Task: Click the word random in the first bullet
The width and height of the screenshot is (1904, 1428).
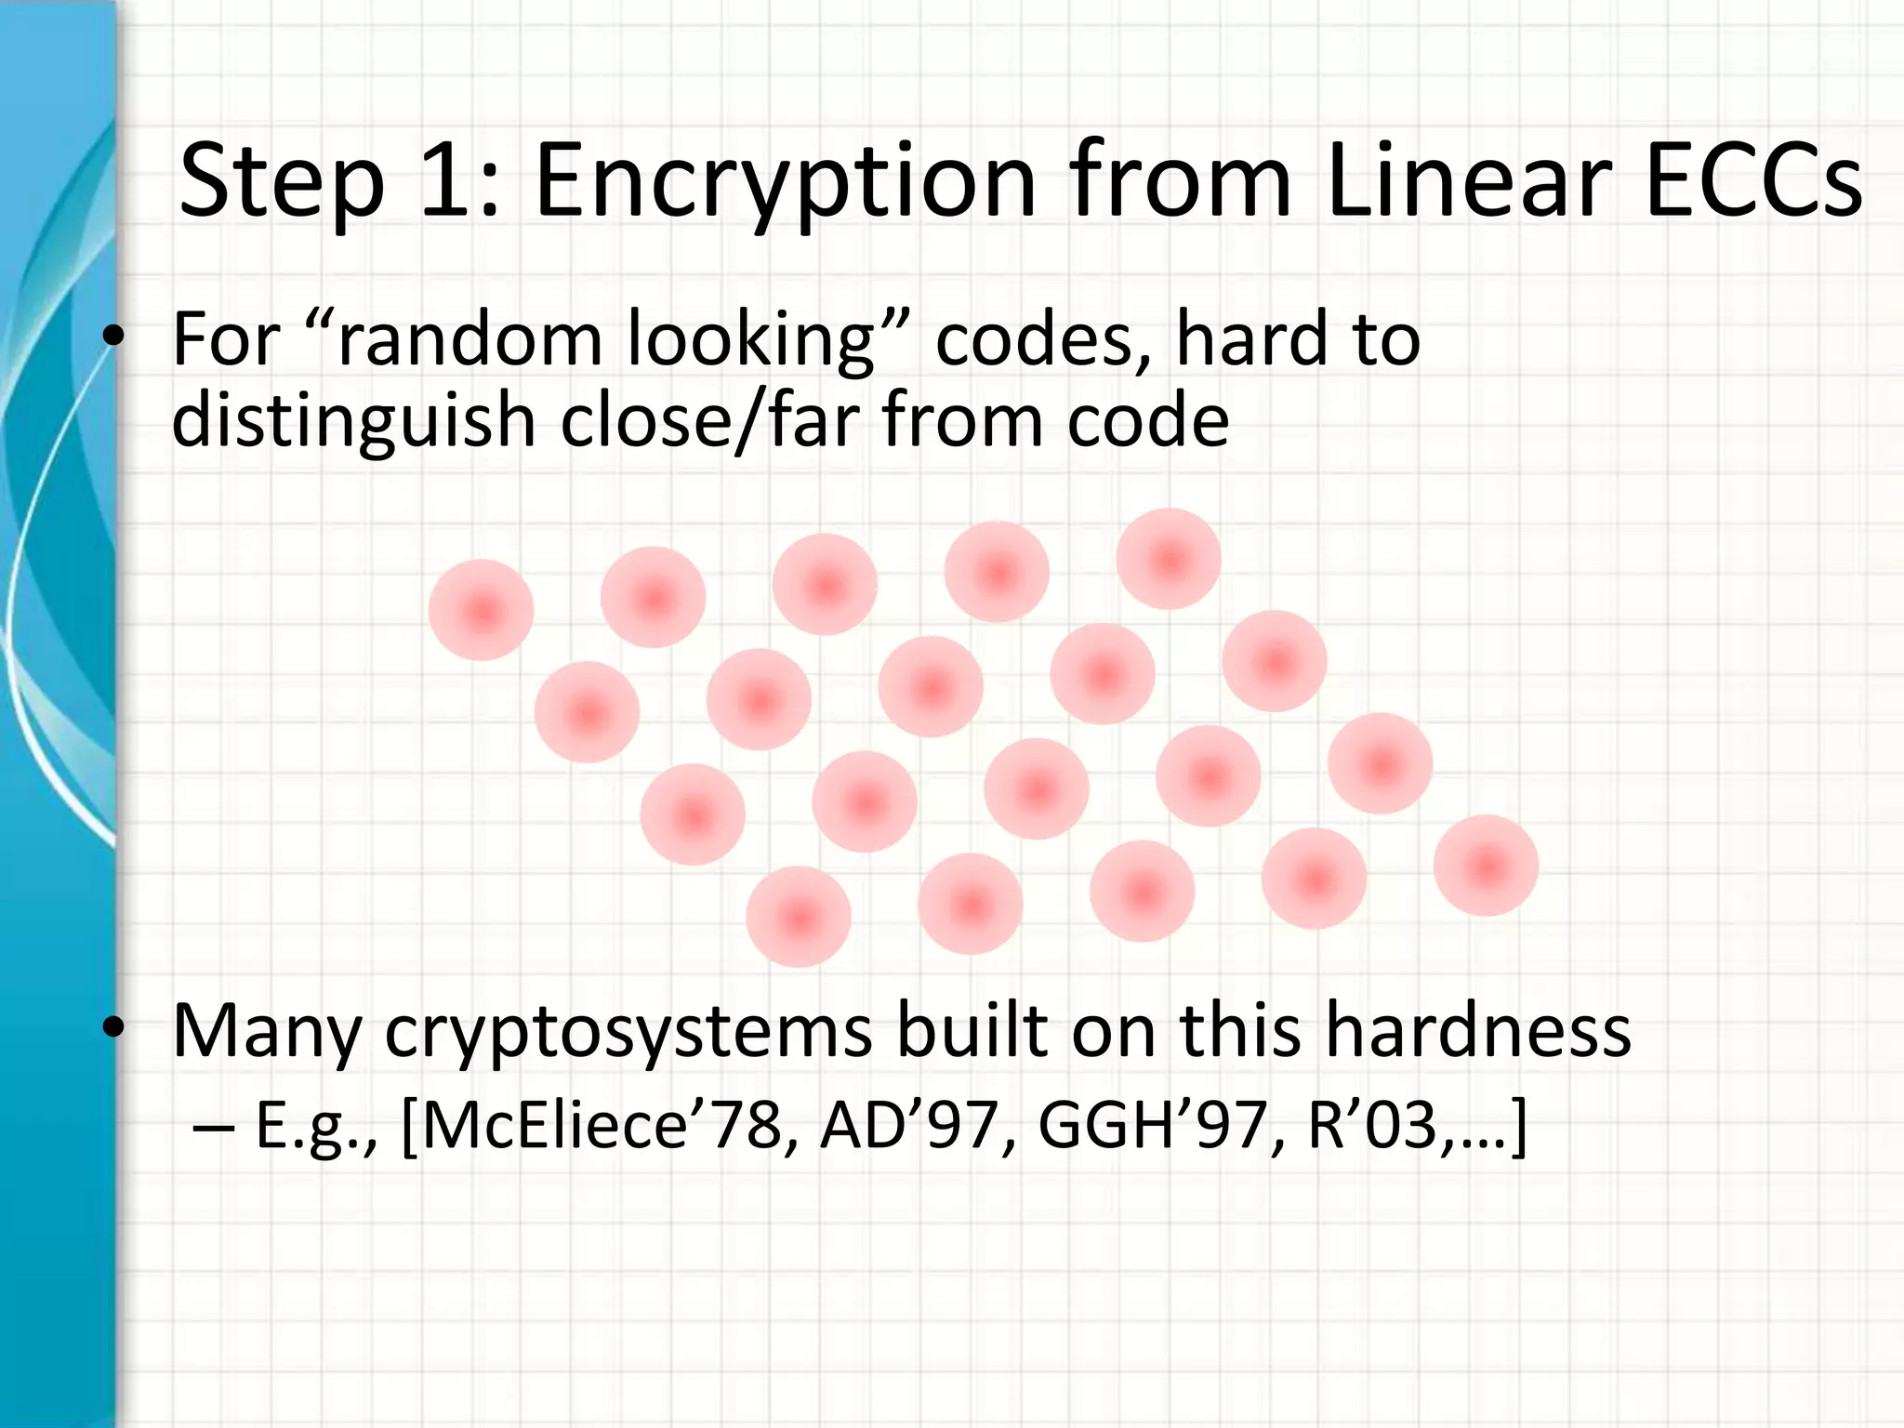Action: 469,339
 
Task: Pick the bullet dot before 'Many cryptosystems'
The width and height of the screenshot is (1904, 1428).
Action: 113,1028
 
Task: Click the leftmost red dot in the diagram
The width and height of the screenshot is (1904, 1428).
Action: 482,611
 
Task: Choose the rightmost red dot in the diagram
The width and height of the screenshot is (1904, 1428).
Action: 1486,866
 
